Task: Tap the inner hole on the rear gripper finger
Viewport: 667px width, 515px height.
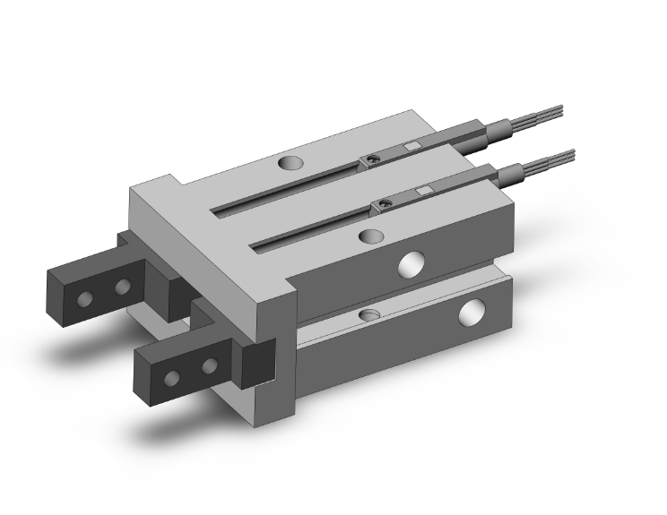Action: (122, 287)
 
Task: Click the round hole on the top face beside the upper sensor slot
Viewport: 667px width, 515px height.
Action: (290, 165)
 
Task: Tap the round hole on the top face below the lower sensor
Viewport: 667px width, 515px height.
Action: (368, 236)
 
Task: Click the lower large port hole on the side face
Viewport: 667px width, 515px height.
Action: (469, 313)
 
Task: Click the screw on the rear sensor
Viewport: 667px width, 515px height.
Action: (369, 160)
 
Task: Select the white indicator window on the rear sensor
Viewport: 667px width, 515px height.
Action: (411, 147)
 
